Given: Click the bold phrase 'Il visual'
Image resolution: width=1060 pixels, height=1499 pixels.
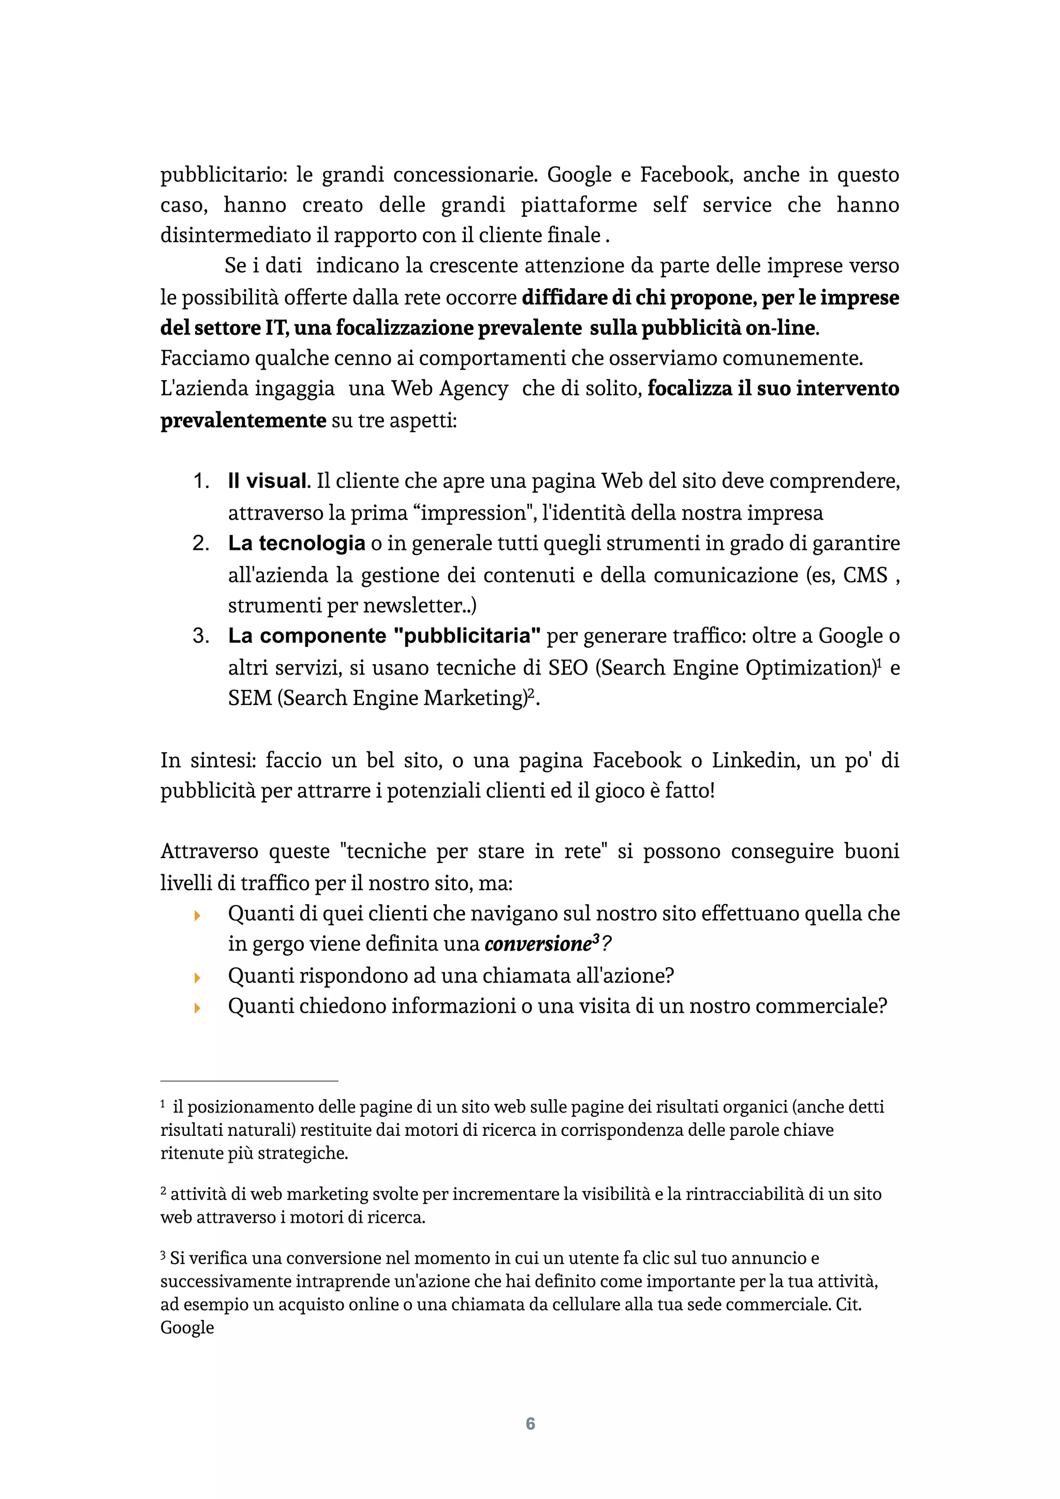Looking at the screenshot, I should click(x=267, y=481).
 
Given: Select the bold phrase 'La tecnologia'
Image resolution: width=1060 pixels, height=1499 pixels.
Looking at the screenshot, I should click(x=296, y=543).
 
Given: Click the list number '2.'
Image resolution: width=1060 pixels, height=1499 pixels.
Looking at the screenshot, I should click(x=200, y=543).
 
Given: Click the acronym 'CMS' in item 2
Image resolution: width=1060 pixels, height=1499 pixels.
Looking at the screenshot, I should click(x=865, y=575).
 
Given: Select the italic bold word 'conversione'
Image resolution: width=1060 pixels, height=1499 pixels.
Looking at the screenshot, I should click(x=537, y=944).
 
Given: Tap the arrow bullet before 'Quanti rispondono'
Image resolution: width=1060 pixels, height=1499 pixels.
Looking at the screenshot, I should click(x=198, y=978).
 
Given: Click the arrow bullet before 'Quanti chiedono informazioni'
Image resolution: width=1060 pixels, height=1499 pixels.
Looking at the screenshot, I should click(x=198, y=1008).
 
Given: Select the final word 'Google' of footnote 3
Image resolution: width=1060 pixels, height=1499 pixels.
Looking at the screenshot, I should click(x=187, y=1327).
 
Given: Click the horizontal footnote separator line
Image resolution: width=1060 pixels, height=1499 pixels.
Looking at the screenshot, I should click(x=249, y=1081).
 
